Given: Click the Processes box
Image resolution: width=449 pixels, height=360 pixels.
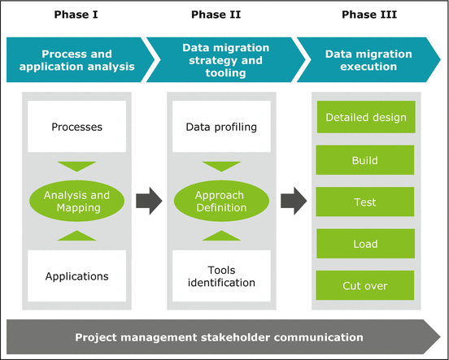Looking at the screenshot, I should pos(76,127).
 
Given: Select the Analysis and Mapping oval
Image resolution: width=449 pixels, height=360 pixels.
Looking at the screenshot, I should pos(76,201).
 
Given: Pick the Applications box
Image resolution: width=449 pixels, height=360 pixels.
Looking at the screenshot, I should pos(76,276).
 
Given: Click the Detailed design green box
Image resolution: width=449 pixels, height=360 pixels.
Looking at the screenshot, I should pos(365,118).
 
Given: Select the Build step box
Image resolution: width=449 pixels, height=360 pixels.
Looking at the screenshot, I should pos(365,160).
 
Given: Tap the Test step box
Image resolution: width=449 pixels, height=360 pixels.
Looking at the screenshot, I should pos(365,202).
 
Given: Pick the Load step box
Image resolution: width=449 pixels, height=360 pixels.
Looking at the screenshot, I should pos(365,245).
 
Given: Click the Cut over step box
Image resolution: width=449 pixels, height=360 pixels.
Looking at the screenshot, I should pos(365,286).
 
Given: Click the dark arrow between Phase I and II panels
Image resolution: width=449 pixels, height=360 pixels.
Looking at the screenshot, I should pos(146,201).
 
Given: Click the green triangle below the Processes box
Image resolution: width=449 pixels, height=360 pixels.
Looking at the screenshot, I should pos(76,166).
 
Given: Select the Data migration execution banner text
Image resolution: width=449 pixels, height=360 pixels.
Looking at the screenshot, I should pos(368,61).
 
